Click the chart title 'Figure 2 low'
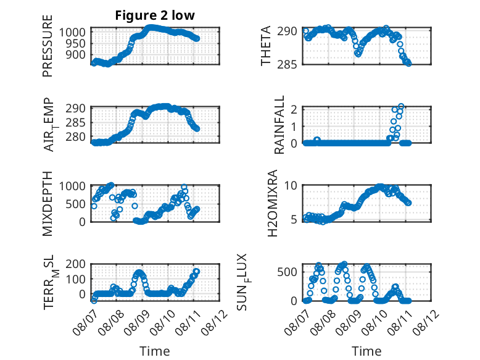(x=155, y=15)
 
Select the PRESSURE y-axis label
(x=48, y=46)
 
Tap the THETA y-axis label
(x=266, y=46)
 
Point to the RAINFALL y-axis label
(x=279, y=125)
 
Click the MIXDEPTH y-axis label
(x=48, y=204)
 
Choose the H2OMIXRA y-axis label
(x=272, y=203)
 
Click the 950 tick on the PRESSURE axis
(x=75, y=43)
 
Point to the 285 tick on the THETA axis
(x=287, y=65)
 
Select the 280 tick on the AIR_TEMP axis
(x=75, y=137)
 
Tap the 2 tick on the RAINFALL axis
(x=294, y=109)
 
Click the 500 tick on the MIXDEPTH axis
(x=75, y=204)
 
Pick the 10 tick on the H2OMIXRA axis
(x=291, y=185)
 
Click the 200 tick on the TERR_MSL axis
(x=75, y=264)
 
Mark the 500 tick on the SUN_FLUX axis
(x=287, y=272)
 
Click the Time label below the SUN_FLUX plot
(x=366, y=351)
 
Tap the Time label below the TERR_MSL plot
(x=155, y=351)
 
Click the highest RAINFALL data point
(x=401, y=106)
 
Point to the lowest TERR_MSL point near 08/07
(x=94, y=301)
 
